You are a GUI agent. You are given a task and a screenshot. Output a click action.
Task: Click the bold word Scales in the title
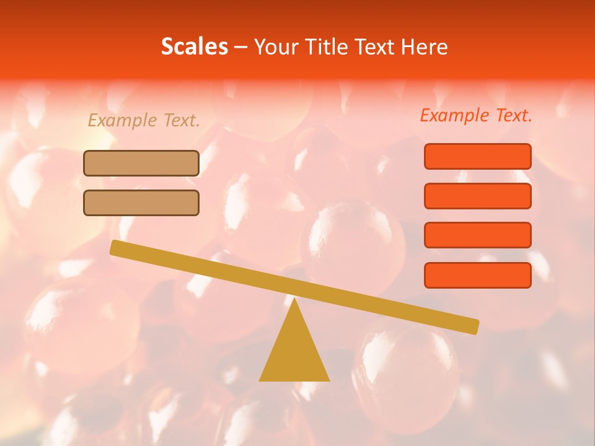point(194,46)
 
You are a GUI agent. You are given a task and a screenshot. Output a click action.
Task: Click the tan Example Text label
point(144,121)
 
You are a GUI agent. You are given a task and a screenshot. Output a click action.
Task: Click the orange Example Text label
point(476,115)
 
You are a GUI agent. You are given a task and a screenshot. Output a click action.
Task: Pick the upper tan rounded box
point(141,163)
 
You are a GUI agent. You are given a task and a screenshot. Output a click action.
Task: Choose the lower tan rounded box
point(141,203)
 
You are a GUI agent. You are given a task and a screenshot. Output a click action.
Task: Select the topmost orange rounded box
point(477,156)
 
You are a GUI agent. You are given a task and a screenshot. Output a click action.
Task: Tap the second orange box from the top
point(477,196)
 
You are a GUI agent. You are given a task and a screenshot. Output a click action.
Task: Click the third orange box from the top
point(477,235)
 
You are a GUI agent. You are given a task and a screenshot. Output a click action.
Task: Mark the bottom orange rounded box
point(477,275)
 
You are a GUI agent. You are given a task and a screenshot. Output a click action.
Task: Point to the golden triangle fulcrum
point(294,353)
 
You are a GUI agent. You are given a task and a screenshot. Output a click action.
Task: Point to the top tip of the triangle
point(294,299)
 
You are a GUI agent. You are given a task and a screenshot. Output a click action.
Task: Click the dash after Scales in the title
point(240,47)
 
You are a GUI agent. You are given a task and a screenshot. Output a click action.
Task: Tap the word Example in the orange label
point(454,115)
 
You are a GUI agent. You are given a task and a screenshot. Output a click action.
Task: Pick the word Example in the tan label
point(122,121)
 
